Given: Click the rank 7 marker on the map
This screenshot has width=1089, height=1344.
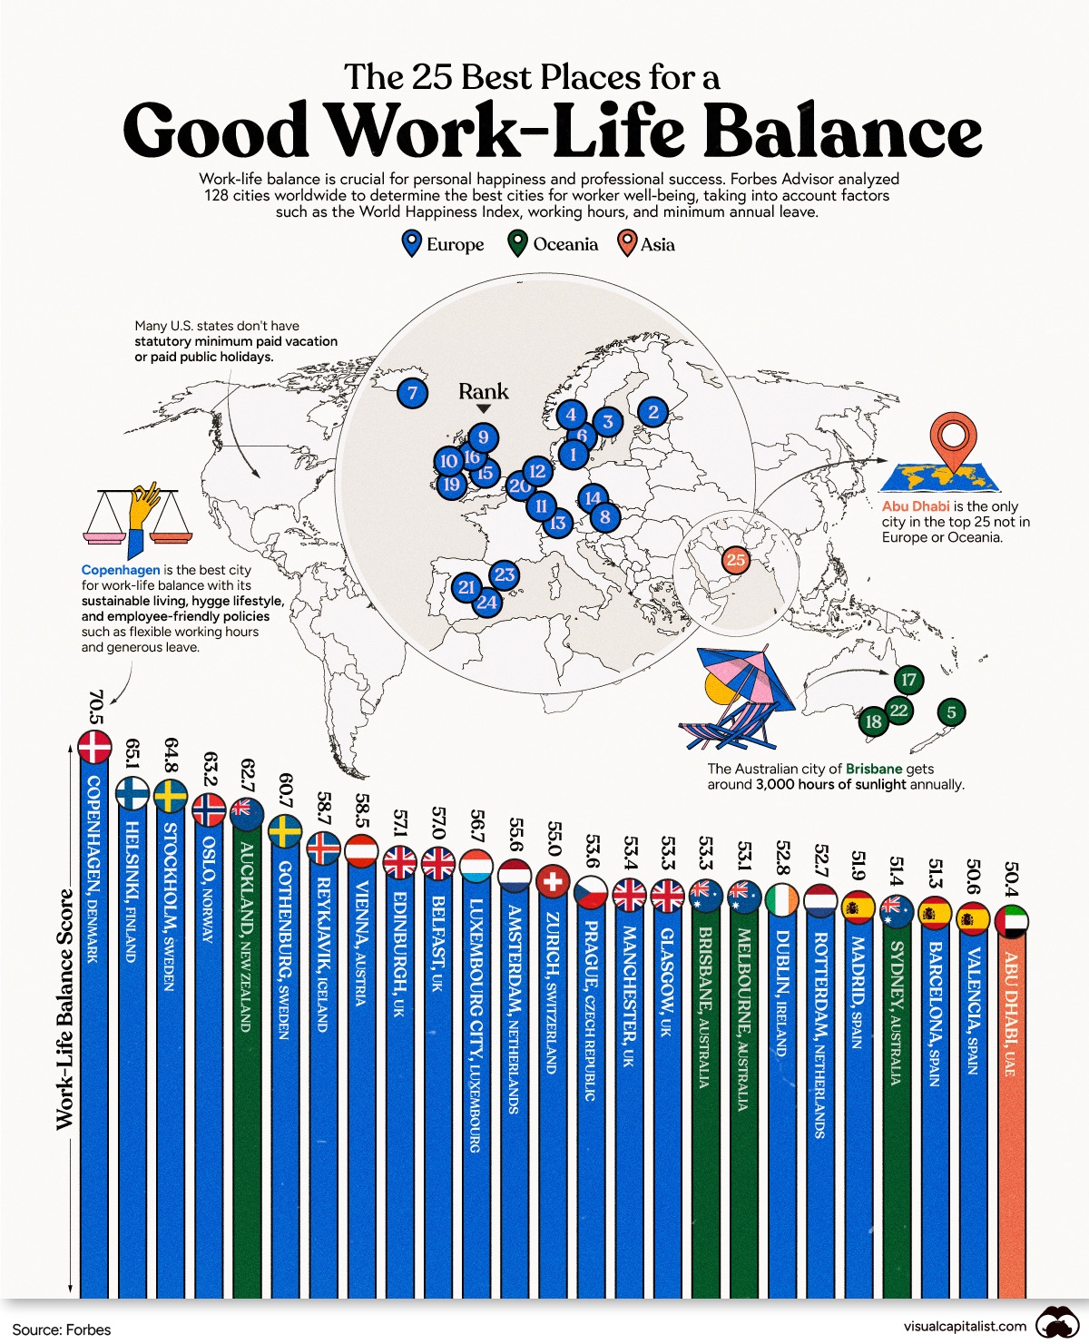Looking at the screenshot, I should point(413,393).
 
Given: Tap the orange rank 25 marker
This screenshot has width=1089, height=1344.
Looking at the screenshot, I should point(735,560).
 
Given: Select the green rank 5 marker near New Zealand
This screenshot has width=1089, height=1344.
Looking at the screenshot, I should point(951,712).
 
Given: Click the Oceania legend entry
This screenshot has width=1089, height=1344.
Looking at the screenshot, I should point(554,244).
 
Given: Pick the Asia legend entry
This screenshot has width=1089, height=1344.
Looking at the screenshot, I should point(646,244).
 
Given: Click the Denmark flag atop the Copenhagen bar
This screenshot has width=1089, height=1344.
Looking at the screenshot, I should point(94,748).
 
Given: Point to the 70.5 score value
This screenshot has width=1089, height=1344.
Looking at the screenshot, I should point(95,708).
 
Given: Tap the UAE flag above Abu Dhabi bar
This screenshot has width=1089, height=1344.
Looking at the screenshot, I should point(1012,921).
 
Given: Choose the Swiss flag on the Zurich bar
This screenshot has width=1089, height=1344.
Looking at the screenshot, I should point(553,880).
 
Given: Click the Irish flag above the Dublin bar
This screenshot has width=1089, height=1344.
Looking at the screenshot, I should point(782,900).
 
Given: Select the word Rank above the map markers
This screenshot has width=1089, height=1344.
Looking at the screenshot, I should point(483,391).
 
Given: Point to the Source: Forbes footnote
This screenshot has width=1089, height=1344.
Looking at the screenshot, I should point(62,1329).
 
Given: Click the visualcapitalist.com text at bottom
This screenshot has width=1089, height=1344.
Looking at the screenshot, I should point(965,1326).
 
